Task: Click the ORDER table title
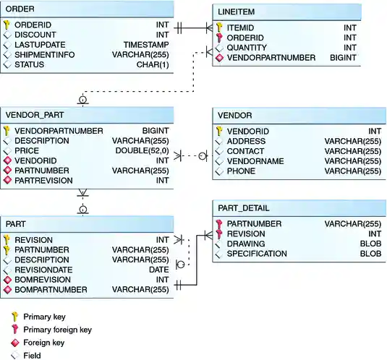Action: coord(20,8)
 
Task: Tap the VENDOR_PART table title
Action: coord(34,115)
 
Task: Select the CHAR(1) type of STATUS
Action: coord(153,64)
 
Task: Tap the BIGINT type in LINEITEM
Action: coord(365,58)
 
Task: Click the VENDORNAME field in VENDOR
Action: coord(255,161)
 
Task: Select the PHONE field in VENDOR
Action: coord(241,171)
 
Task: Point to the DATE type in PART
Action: coord(158,270)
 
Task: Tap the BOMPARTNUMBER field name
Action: coord(51,290)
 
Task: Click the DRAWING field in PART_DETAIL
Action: coord(244,244)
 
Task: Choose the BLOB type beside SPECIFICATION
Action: coord(370,254)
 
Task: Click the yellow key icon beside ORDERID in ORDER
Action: coord(7,24)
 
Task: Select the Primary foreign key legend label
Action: coord(57,330)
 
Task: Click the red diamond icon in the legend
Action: coord(13,343)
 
